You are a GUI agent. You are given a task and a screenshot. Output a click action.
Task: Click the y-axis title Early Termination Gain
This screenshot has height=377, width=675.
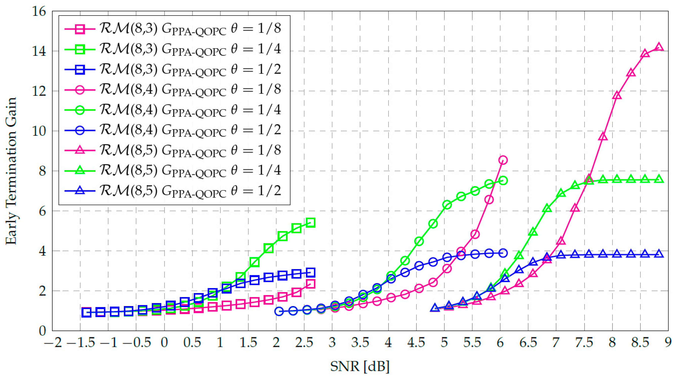pos(11,171)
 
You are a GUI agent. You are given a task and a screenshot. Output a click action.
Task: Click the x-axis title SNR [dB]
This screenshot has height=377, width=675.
pos(360,366)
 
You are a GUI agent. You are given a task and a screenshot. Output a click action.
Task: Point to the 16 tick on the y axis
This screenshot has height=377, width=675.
pos(39,11)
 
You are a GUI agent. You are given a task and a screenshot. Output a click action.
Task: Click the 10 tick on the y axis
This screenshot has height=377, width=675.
pos(39,131)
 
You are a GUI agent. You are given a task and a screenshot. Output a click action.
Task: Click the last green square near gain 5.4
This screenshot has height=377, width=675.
pos(310,223)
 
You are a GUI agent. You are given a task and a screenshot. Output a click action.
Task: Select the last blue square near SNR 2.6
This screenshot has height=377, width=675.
pos(310,272)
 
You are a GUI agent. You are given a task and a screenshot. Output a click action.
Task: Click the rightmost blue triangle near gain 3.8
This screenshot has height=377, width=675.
pos(659,254)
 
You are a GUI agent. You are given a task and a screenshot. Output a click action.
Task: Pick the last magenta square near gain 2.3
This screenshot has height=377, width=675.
pos(310,284)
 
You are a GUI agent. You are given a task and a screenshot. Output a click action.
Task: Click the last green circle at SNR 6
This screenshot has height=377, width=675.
pos(503,180)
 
